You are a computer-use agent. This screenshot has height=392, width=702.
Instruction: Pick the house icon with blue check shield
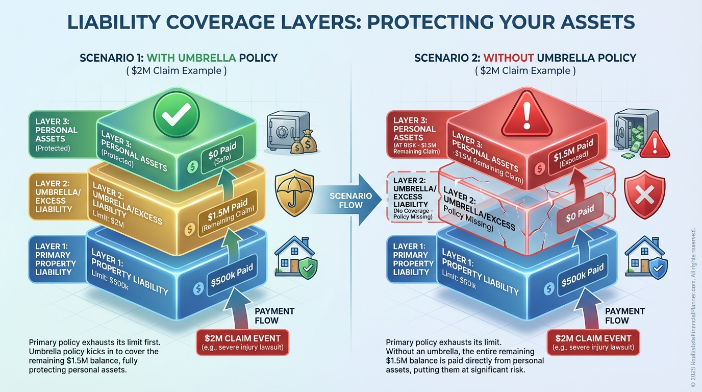click(x=645, y=259)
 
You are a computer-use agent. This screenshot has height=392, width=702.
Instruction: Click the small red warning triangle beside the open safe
click(x=655, y=145)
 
